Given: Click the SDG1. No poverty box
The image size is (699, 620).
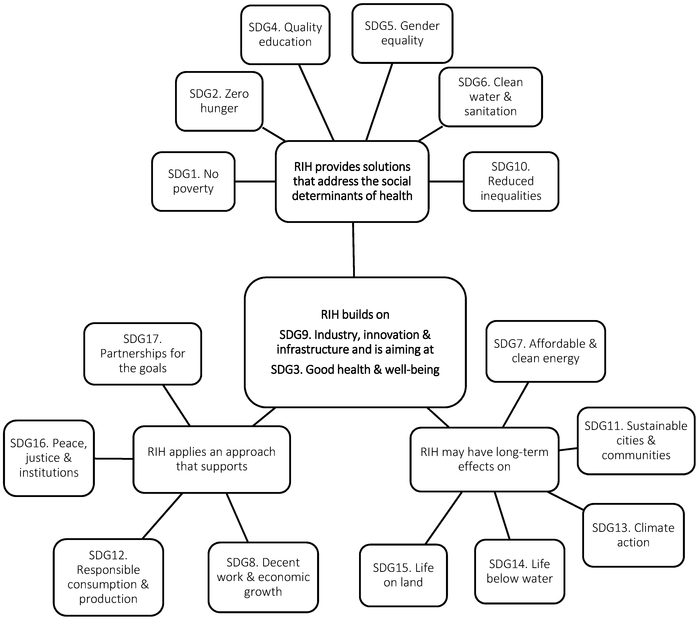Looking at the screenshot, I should [193, 181].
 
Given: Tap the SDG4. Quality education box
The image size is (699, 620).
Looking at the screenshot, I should [285, 35].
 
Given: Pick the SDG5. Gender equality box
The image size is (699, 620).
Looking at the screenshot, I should [402, 33].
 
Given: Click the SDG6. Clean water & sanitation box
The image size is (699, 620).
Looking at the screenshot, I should [490, 97].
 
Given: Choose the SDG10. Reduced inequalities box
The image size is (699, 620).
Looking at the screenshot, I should [511, 181].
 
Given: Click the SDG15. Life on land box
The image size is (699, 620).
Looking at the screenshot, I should [403, 575].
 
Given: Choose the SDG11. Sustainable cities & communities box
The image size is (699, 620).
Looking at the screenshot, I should [636, 441].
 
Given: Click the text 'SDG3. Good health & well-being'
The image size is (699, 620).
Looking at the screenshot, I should [355, 370].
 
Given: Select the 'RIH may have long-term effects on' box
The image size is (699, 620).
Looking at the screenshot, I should [484, 459].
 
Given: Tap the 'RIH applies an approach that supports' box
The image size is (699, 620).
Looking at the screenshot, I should [211, 459].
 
